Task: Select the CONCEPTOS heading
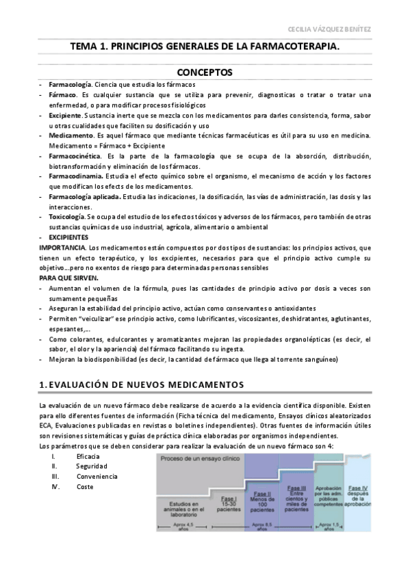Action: pyautogui.click(x=205, y=72)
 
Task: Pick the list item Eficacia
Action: pyautogui.click(x=88, y=456)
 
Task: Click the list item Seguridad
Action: pyautogui.click(x=90, y=466)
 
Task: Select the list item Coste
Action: pyautogui.click(x=85, y=486)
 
